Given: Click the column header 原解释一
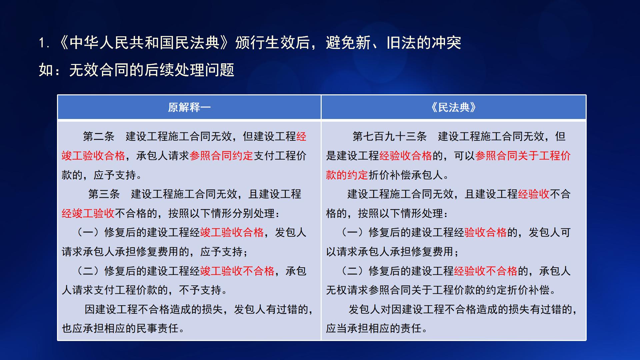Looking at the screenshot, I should coord(189,107).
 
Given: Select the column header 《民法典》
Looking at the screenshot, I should coord(453,107).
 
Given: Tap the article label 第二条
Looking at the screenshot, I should coord(98,136).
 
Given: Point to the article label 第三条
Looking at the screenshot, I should coord(104,194).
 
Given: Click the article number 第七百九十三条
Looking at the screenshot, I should coord(389,136).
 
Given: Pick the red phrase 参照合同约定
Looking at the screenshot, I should coord(221,156).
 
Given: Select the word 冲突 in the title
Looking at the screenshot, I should coord(446,43).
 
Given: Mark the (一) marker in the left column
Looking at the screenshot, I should coord(88,232).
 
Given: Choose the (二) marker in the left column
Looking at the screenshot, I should coord(88,271).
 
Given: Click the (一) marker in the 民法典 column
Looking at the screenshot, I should coord(352,232).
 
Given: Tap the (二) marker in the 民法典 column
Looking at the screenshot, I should coord(352,271).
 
